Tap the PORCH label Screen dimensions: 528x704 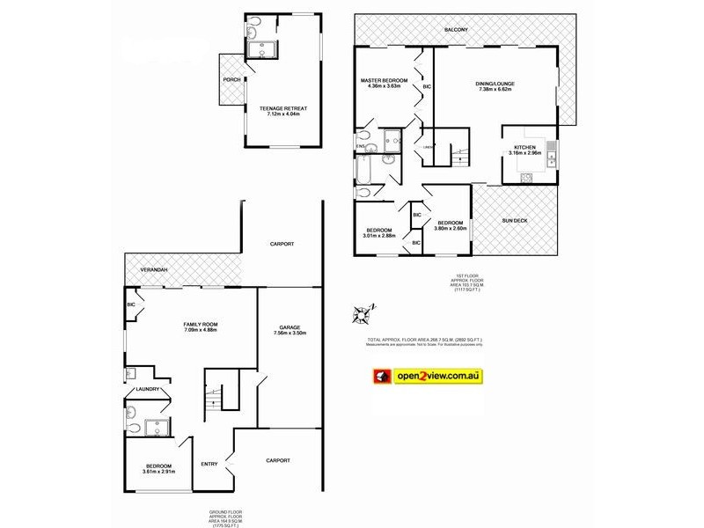pyautogui.click(x=231, y=79)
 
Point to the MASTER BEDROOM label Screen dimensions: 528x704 pyautogui.click(x=385, y=80)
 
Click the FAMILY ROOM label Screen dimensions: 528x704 pyautogui.click(x=201, y=324)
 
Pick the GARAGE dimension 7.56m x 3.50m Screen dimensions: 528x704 pyautogui.click(x=290, y=333)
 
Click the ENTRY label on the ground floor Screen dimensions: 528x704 pyautogui.click(x=209, y=464)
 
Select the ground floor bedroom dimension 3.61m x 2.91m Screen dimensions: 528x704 pyautogui.click(x=159, y=472)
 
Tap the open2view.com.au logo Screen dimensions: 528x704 pyautogui.click(x=426, y=376)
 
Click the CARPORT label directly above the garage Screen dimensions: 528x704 pyautogui.click(x=282, y=244)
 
